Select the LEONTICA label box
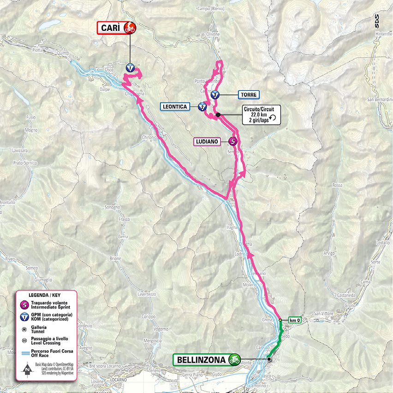[x=175, y=107]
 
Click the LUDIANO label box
[x=206, y=142]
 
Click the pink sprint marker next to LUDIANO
[x=233, y=142]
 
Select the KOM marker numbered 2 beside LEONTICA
[x=202, y=107]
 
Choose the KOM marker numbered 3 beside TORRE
[x=215, y=95]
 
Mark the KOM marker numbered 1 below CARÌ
[x=130, y=67]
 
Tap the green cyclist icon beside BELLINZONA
[x=235, y=359]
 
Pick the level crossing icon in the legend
[x=24, y=341]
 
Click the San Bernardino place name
[x=379, y=100]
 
